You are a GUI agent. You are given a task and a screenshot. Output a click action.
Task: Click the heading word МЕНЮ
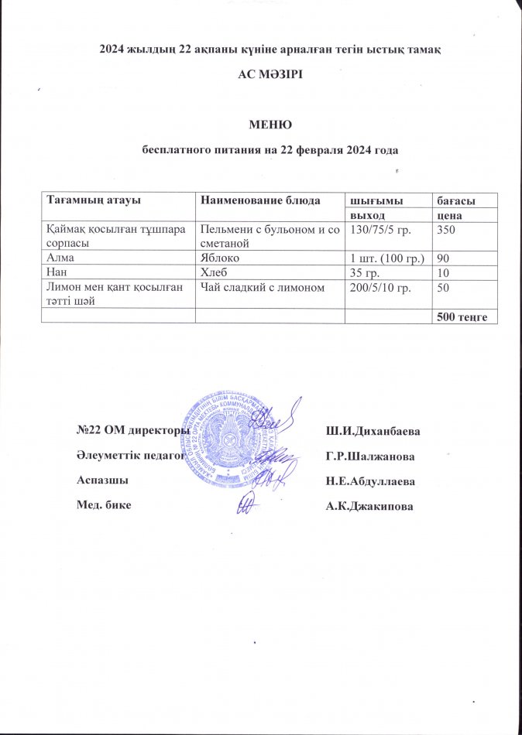[x=269, y=123]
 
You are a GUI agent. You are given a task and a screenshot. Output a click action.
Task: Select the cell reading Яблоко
[x=222, y=257]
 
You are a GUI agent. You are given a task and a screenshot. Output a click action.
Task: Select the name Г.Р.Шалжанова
[x=369, y=456]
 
